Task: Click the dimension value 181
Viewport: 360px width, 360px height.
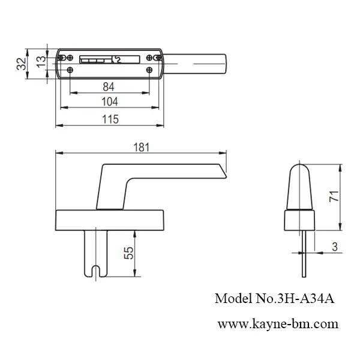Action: coord(142,147)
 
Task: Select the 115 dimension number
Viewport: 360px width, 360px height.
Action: coord(110,119)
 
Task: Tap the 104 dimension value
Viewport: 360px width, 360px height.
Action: coord(110,101)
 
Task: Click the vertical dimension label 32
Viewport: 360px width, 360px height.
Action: coord(22,63)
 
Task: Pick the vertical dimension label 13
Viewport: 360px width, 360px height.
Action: coord(40,61)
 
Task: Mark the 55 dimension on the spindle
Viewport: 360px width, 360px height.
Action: coord(128,253)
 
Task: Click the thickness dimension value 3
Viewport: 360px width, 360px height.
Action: coord(335,245)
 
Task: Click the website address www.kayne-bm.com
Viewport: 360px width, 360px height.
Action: coord(277,324)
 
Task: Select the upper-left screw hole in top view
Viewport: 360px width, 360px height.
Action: coord(62,57)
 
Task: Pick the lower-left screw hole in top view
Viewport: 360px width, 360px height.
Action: coord(70,70)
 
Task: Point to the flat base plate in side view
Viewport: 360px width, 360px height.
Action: coord(110,218)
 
